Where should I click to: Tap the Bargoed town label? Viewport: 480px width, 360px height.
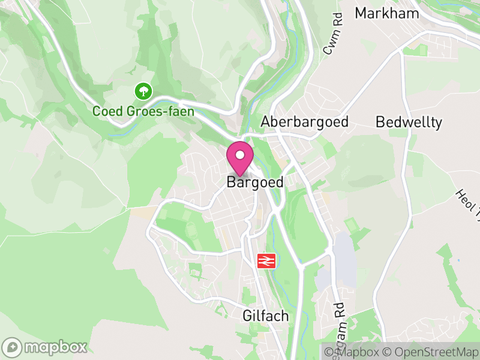pos(255,182)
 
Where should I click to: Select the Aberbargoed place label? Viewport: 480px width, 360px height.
pos(305,122)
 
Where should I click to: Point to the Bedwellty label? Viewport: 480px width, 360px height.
pos(409,122)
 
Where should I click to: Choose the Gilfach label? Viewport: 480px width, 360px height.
pos(266,316)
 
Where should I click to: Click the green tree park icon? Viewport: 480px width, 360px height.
pos(143,91)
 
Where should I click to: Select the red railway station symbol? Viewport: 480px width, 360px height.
pos(266,260)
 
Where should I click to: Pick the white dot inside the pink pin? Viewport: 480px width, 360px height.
pos(240,155)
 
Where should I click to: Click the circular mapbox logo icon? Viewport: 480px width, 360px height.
pos(12,347)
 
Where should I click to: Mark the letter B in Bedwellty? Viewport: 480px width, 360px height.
pos(380,122)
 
